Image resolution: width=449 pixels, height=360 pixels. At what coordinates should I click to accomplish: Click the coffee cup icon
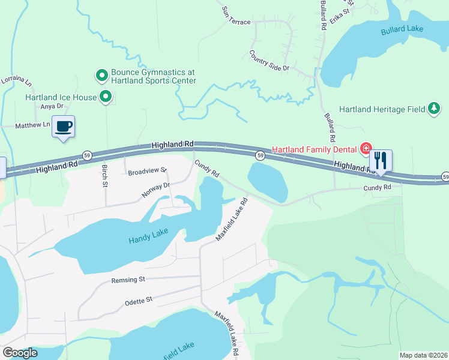pyautogui.click(x=64, y=127)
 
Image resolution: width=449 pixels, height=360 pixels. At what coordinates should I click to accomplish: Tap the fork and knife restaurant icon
pyautogui.click(x=381, y=161)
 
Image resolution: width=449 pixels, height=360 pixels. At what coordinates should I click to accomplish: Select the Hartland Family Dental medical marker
pyautogui.click(x=365, y=148)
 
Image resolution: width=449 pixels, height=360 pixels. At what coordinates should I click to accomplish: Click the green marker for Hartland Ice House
pyautogui.click(x=106, y=97)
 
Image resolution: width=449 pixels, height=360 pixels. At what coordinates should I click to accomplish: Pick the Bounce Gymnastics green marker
pyautogui.click(x=101, y=76)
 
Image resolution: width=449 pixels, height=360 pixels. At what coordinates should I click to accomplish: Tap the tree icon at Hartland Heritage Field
pyautogui.click(x=433, y=109)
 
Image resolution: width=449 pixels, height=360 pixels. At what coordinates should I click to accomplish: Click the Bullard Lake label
pyautogui.click(x=402, y=29)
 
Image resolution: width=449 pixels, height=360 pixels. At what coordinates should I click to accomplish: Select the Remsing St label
pyautogui.click(x=128, y=280)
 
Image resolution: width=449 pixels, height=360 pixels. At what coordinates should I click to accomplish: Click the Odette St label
pyautogui.click(x=139, y=299)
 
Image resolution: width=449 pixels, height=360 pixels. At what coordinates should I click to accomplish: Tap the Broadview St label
pyautogui.click(x=146, y=172)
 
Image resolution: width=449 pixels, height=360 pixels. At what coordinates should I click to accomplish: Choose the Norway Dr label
pyautogui.click(x=156, y=190)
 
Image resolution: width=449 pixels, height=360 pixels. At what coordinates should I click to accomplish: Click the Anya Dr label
pyautogui.click(x=47, y=107)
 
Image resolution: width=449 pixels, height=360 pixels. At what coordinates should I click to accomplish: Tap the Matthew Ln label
pyautogui.click(x=33, y=125)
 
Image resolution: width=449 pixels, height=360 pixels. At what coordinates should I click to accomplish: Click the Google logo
pyautogui.click(x=20, y=353)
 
